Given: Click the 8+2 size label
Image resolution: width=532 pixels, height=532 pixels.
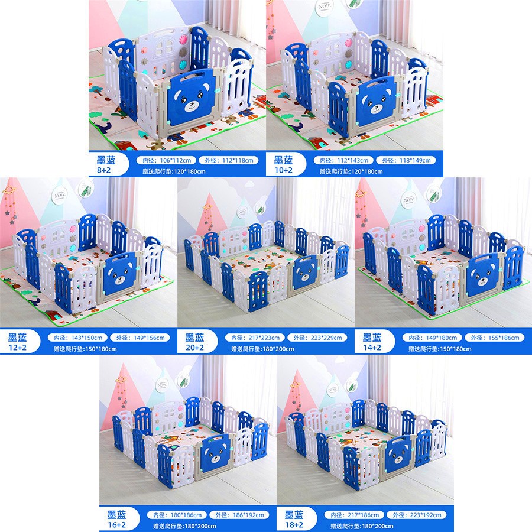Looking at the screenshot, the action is (104, 170).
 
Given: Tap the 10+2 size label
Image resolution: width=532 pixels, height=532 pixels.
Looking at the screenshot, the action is (283, 170).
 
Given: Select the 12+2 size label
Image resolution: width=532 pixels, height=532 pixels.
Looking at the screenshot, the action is (17, 348).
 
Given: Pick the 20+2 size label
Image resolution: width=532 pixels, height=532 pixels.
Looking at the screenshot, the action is (194, 348).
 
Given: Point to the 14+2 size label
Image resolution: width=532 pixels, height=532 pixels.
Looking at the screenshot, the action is (372, 348).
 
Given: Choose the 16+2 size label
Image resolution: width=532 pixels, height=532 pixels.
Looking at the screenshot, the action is (116, 525).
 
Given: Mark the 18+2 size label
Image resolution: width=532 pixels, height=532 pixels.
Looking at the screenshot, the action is (294, 525).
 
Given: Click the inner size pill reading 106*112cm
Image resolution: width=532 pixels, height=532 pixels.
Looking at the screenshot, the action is (166, 160).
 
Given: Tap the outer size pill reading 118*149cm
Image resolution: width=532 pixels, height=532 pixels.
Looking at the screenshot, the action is (406, 160).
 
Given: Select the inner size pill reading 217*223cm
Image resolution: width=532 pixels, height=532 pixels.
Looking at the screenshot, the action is (255, 338).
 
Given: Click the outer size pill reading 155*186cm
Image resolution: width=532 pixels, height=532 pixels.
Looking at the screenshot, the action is (495, 338).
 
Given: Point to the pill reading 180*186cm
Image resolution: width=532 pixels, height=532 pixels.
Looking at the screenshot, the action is (177, 515).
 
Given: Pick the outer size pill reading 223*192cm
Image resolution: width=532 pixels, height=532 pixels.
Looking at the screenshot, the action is (417, 515).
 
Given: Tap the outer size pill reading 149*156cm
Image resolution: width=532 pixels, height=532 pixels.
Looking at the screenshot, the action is (140, 338).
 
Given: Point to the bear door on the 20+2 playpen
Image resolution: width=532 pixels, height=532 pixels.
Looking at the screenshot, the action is (307, 271).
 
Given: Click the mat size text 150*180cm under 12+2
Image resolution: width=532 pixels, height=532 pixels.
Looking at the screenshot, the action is (85, 348).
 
